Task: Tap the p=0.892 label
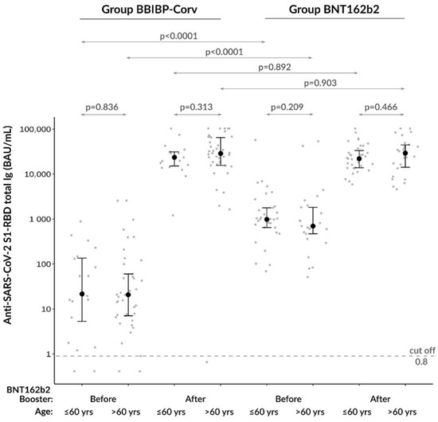click(x=264, y=68)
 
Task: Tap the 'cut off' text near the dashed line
click(x=420, y=350)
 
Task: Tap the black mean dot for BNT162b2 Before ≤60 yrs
click(x=268, y=219)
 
